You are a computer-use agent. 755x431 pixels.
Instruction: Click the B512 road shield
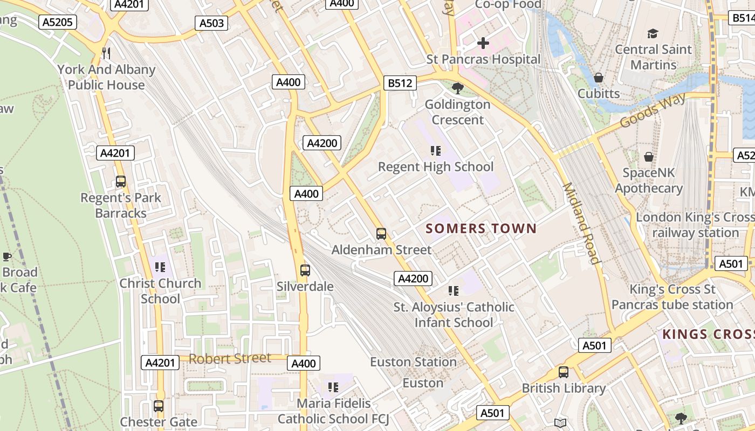pyautogui.click(x=401, y=83)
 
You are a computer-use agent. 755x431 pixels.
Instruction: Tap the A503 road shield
pyautogui.click(x=211, y=23)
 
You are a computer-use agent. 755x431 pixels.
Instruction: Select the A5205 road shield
pyautogui.click(x=58, y=22)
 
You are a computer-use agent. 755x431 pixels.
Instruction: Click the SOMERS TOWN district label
pyautogui.click(x=481, y=229)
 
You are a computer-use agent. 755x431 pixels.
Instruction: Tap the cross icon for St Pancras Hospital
pyautogui.click(x=483, y=43)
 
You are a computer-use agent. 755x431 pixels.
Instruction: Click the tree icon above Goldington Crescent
pyautogui.click(x=458, y=88)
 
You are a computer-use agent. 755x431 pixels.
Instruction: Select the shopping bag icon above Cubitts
pyautogui.click(x=598, y=78)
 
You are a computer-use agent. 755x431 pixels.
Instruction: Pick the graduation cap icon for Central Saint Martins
pyautogui.click(x=653, y=33)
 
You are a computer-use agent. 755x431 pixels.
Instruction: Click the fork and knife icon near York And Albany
pyautogui.click(x=106, y=53)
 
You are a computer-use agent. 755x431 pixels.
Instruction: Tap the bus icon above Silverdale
pyautogui.click(x=305, y=270)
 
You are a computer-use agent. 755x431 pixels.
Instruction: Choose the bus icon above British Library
pyautogui.click(x=564, y=372)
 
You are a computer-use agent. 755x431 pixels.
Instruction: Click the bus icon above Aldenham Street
pyautogui.click(x=381, y=234)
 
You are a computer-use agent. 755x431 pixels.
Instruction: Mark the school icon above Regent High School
pyautogui.click(x=436, y=151)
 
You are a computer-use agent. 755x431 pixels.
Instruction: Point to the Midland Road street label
pyautogui.click(x=581, y=223)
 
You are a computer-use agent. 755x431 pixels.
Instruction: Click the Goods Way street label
pyautogui.click(x=653, y=109)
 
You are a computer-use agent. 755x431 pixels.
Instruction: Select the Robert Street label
pyautogui.click(x=230, y=358)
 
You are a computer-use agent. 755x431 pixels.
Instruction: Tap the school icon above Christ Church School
pyautogui.click(x=160, y=267)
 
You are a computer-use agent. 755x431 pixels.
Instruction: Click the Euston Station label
pyautogui.click(x=414, y=362)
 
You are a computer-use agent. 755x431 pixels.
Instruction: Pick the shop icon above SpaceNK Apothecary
pyautogui.click(x=649, y=157)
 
